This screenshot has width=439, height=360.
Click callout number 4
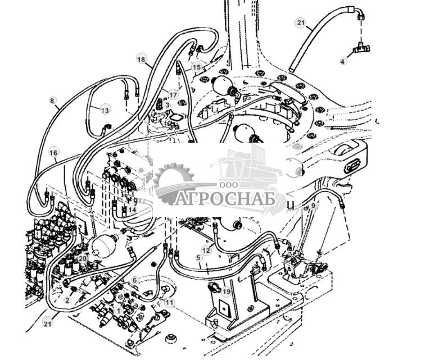343,61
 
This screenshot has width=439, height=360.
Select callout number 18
141,59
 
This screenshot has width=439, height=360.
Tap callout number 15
196,67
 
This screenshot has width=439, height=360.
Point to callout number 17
173,95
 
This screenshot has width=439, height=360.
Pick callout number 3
167,104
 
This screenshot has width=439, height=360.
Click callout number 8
53,101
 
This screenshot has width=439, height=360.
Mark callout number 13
105,110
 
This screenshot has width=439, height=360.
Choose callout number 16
53,152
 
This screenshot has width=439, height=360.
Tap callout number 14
132,209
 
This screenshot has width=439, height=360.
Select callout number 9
314,206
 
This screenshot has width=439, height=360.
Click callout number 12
206,250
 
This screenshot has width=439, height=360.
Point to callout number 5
198,257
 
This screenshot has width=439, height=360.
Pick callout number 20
83,258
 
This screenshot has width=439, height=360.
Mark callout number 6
134,280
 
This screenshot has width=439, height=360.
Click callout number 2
67,300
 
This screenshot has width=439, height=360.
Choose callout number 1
117,310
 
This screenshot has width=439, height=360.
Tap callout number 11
169,302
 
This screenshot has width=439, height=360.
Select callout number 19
226,291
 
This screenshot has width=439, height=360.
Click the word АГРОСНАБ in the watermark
225,200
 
